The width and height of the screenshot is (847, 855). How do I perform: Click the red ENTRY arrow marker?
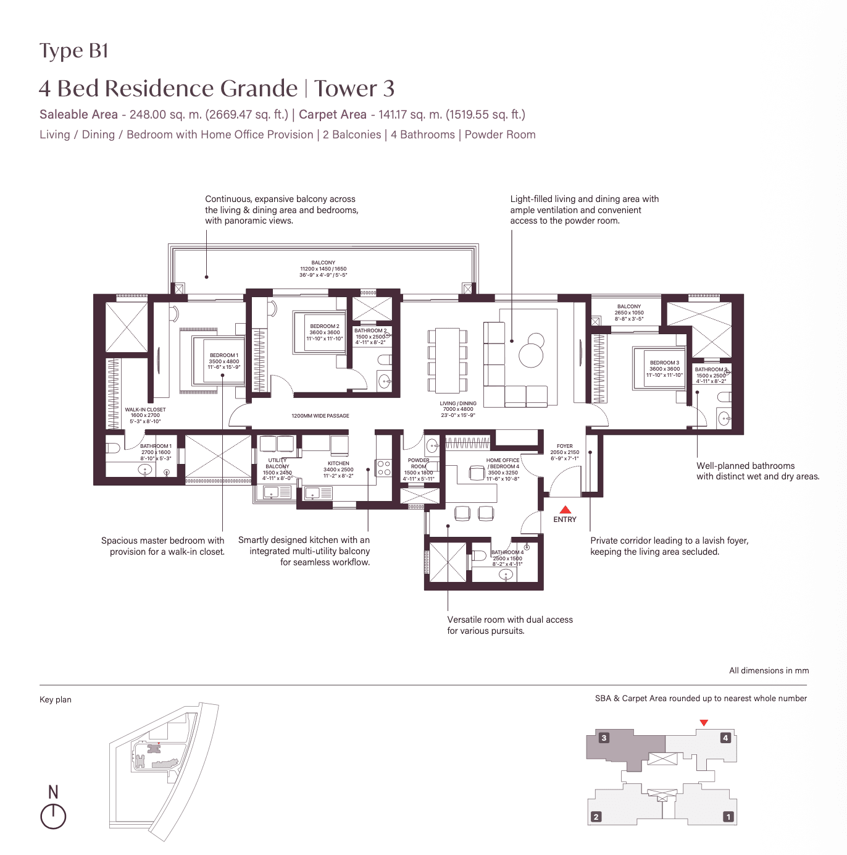(565, 510)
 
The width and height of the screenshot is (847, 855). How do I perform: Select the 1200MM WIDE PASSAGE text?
(320, 416)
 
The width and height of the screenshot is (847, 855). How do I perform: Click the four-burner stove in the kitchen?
(383, 468)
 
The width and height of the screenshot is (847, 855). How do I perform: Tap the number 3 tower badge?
(604, 738)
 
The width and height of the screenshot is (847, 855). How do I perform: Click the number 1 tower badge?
(728, 817)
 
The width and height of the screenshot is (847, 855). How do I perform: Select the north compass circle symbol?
(53, 816)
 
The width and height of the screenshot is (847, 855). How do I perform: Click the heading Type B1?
(73, 51)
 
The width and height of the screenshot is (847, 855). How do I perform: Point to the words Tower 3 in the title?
(354, 88)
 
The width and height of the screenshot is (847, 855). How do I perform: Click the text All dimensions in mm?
(769, 670)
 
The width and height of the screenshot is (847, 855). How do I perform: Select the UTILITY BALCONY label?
(277, 463)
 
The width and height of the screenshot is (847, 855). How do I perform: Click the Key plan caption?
(56, 699)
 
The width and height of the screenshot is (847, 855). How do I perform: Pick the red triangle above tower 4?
(703, 723)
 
